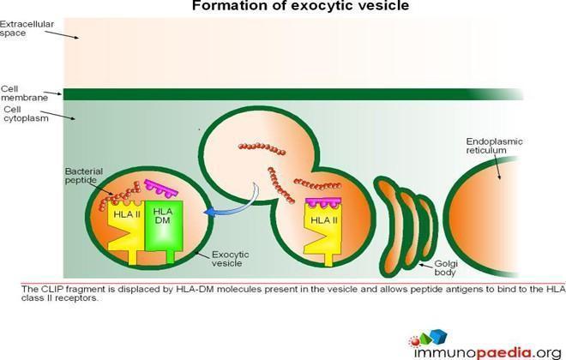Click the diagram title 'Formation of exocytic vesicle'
[x=300, y=6]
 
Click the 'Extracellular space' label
[x=27, y=28]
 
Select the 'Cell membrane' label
[x=24, y=93]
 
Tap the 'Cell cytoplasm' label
[x=26, y=114]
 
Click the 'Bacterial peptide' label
[x=84, y=176]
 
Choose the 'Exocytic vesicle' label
[x=231, y=259]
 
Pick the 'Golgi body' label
[x=446, y=267]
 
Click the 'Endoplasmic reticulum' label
[x=494, y=146]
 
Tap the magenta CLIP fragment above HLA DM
[x=160, y=189]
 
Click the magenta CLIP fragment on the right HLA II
[x=323, y=202]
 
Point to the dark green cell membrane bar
[x=292, y=94]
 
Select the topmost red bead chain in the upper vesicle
[x=262, y=148]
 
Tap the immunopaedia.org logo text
[x=487, y=352]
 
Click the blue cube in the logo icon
[x=438, y=336]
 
